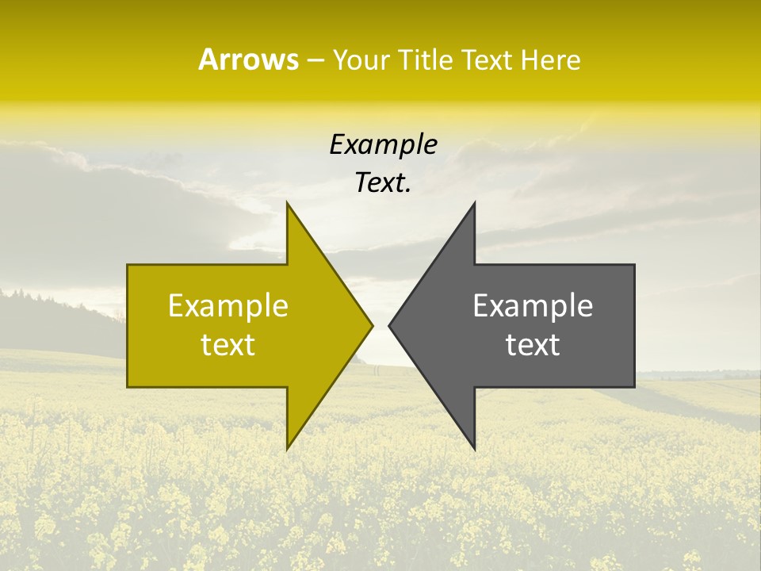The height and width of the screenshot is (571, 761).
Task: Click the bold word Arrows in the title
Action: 248,59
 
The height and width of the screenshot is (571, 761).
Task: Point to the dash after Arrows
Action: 315,61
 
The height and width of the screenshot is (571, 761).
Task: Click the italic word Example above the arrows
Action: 384,144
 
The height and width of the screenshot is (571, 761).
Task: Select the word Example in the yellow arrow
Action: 228,305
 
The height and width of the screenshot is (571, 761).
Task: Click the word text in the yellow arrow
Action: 228,344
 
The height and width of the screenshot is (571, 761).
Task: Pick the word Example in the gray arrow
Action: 533,305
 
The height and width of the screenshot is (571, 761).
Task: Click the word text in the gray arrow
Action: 533,344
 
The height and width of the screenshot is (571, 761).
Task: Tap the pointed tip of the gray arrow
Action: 390,325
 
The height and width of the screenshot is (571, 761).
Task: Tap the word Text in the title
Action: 486,60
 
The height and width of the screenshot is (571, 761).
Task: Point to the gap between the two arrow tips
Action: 380,325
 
